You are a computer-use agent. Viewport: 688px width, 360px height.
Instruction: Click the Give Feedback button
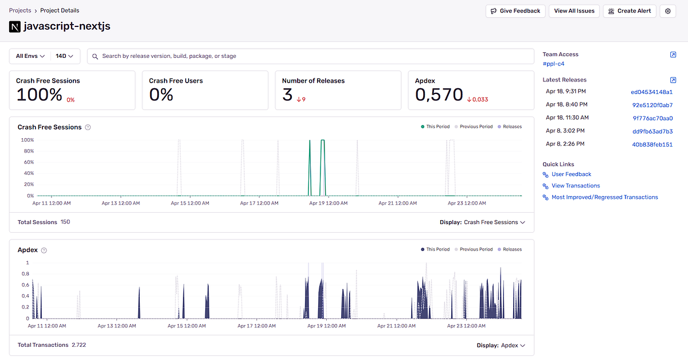click(x=515, y=11)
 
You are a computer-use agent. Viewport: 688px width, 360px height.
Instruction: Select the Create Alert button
click(x=629, y=11)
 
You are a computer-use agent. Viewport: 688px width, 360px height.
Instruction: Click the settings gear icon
click(x=667, y=11)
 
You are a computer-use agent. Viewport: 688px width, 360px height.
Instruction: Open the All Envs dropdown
click(x=30, y=56)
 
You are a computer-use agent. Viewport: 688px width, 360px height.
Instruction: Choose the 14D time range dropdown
click(x=67, y=56)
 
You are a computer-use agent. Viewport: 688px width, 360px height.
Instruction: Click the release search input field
click(x=310, y=56)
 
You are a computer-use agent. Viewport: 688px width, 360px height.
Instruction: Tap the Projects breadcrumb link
click(x=20, y=10)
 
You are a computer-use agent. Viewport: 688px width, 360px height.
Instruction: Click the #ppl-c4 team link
click(x=553, y=64)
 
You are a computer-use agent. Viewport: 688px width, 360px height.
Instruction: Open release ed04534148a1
click(x=651, y=92)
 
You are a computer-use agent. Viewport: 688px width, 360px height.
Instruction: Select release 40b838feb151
click(x=652, y=144)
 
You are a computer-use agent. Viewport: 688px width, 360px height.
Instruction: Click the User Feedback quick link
click(x=571, y=174)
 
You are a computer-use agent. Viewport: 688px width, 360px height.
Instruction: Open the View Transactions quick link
click(x=576, y=186)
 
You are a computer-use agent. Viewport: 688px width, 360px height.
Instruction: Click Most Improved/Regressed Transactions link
click(x=604, y=197)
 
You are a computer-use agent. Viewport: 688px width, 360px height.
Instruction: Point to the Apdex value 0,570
click(x=439, y=95)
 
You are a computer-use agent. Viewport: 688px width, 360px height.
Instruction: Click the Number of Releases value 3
click(x=287, y=95)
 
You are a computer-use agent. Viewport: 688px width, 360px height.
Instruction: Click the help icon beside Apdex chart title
click(x=44, y=250)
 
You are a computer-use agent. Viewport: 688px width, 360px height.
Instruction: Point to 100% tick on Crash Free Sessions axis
click(x=27, y=140)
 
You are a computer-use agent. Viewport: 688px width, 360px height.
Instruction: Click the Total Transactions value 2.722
click(x=79, y=345)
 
